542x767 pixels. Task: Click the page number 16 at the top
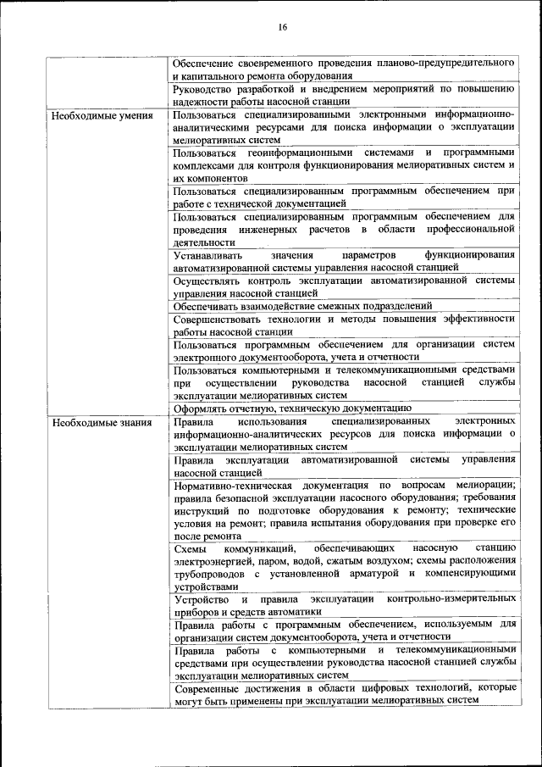pyautogui.click(x=282, y=27)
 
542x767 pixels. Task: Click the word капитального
pyautogui.click(x=213, y=75)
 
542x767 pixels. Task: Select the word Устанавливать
pyautogui.click(x=208, y=255)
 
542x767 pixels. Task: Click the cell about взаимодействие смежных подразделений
pyautogui.click(x=302, y=305)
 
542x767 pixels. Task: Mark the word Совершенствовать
pyautogui.click(x=224, y=319)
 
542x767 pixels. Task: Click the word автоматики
pyautogui.click(x=295, y=611)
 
